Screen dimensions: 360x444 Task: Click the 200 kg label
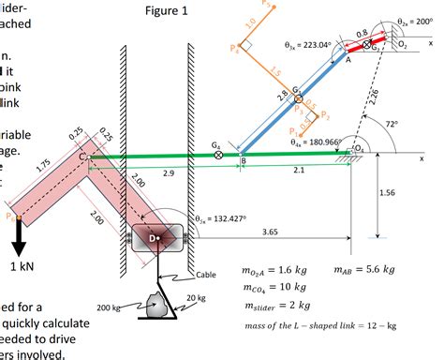[111, 308]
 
